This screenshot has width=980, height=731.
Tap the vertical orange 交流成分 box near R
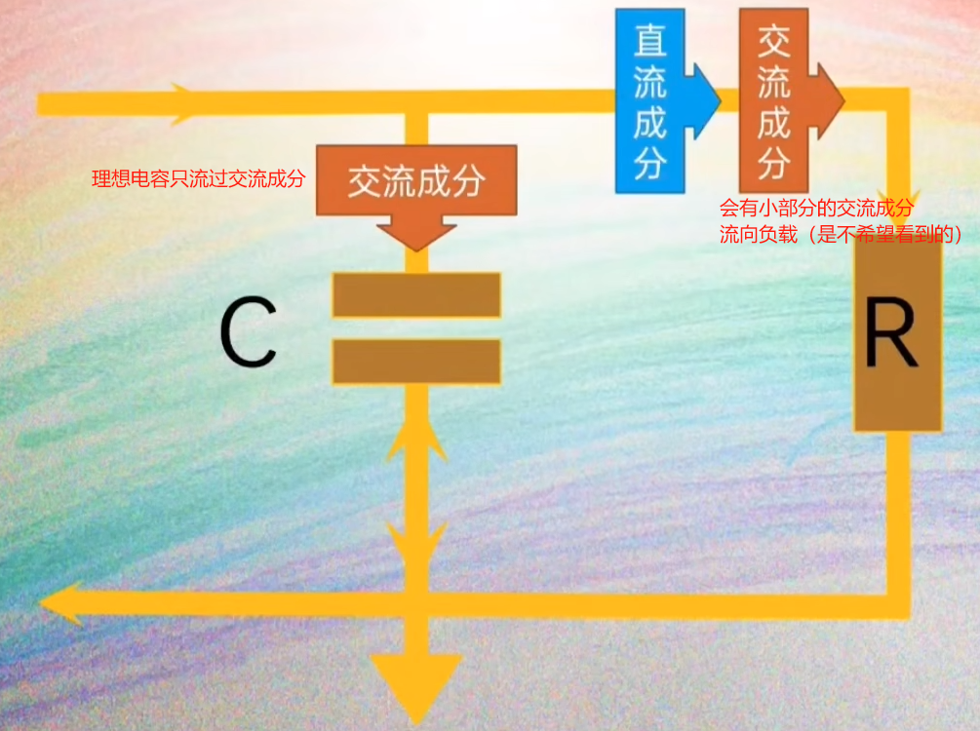coord(773,100)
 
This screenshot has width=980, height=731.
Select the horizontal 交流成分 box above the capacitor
coord(416,181)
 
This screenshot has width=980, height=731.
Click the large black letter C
coord(248,333)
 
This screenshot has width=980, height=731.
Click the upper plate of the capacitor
coord(416,294)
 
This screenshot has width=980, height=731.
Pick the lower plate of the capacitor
coord(416,361)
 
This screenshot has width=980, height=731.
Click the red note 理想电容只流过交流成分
coord(198,179)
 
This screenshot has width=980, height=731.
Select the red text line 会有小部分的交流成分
coord(817,209)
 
